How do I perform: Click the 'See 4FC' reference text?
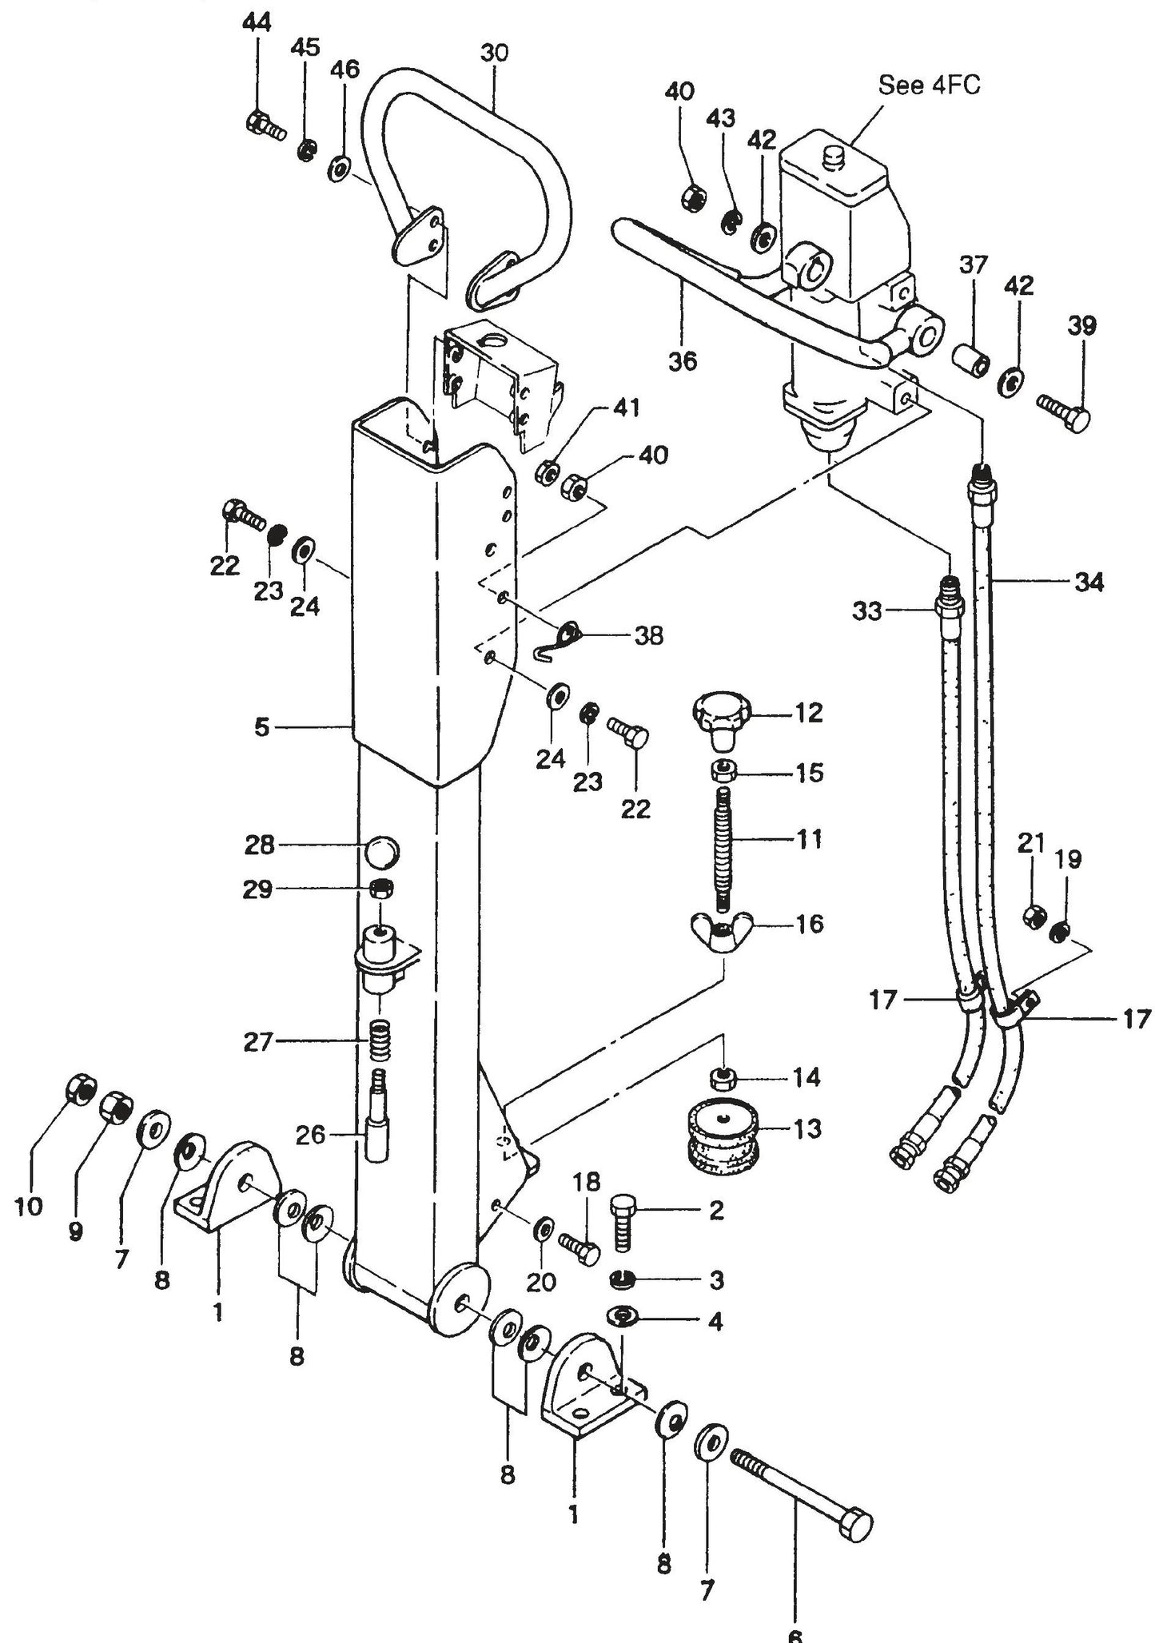pyautogui.click(x=928, y=85)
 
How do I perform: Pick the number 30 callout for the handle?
pyautogui.click(x=494, y=54)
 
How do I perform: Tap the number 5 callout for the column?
pyautogui.click(x=262, y=728)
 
